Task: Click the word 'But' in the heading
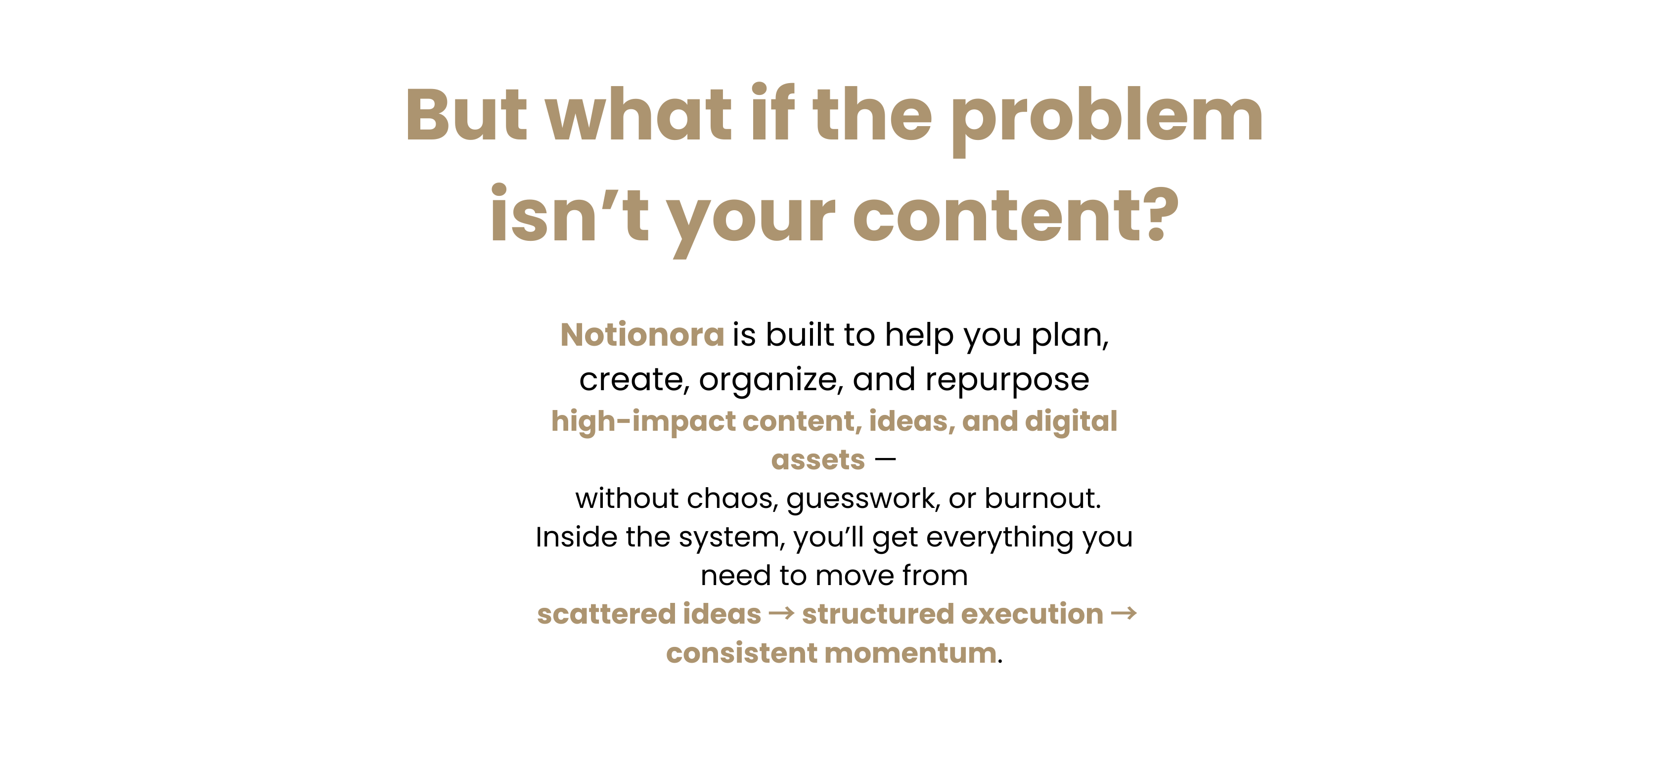click(466, 114)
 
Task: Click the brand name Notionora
click(642, 335)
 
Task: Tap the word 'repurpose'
click(1007, 381)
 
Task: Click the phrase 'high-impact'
click(641, 422)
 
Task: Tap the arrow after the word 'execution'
click(1124, 613)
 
